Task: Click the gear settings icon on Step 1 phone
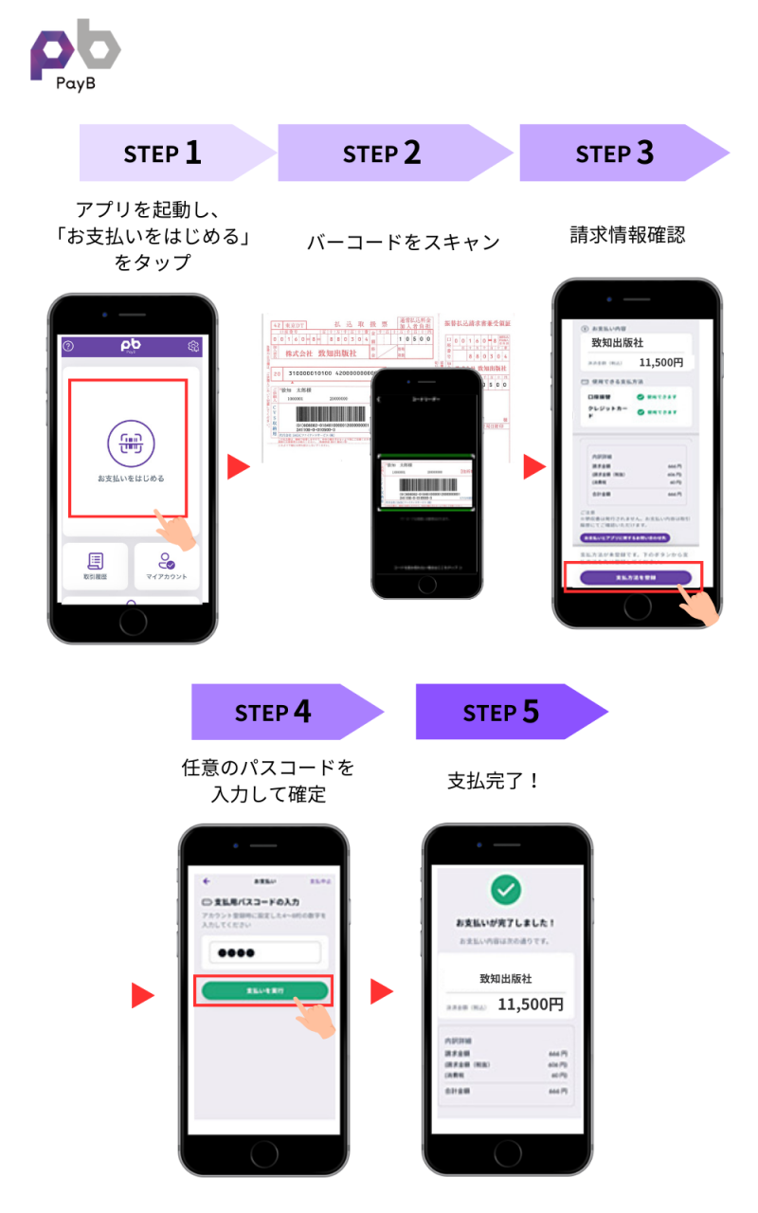(x=194, y=347)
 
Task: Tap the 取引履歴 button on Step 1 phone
(x=96, y=566)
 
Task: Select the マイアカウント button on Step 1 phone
(x=166, y=566)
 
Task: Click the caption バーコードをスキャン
(x=403, y=242)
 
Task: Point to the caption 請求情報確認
(x=626, y=233)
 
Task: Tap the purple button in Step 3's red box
(x=636, y=576)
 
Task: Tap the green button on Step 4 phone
(x=264, y=990)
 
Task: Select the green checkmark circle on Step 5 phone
(x=506, y=889)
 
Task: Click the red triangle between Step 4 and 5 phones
(x=381, y=992)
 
